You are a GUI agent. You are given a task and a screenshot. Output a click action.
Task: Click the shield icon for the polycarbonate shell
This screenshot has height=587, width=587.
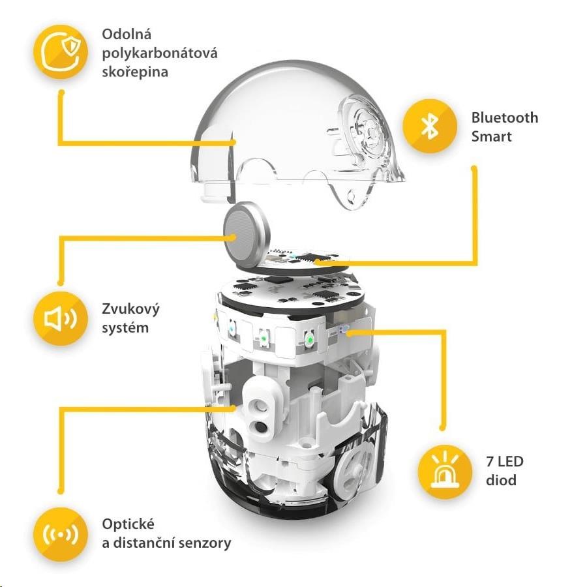(61, 52)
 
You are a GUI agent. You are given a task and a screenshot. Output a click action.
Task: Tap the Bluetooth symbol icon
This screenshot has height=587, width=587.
(430, 126)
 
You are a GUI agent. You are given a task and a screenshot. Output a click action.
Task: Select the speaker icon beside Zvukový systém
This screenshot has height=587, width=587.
(61, 318)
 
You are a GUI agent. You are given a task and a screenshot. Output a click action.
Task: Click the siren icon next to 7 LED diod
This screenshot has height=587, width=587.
(445, 472)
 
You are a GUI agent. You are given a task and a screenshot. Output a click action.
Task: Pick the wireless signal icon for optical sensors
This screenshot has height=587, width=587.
(61, 534)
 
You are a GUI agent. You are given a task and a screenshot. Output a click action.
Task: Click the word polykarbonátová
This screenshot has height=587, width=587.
(160, 53)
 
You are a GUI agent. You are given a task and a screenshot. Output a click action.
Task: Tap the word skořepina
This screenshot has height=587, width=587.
(135, 72)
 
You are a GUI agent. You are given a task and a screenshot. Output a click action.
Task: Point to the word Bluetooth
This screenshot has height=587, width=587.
(505, 117)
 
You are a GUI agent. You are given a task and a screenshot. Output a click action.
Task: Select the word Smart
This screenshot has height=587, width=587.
(491, 136)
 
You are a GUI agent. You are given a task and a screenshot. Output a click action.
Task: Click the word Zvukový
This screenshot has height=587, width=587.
(130, 309)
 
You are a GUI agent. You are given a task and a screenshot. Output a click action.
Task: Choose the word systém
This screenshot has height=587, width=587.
(125, 328)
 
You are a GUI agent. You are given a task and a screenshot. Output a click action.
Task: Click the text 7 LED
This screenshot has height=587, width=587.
(505, 462)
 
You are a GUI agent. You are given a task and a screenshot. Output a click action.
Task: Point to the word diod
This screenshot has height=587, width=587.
(502, 480)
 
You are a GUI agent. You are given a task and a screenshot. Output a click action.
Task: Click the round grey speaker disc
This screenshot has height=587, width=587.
(246, 235)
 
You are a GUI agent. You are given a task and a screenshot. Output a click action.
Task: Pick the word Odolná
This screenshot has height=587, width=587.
(127, 35)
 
